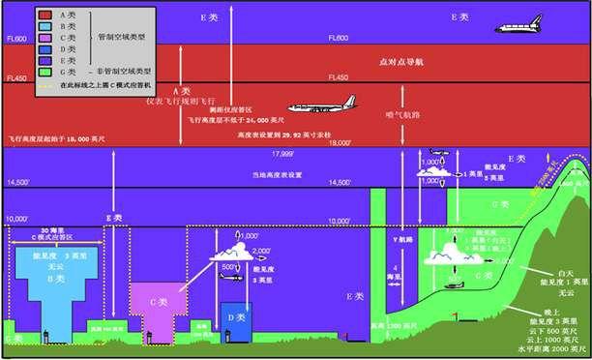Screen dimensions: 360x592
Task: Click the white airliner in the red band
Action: point(319,108)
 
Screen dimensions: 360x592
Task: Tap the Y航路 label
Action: point(393,240)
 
